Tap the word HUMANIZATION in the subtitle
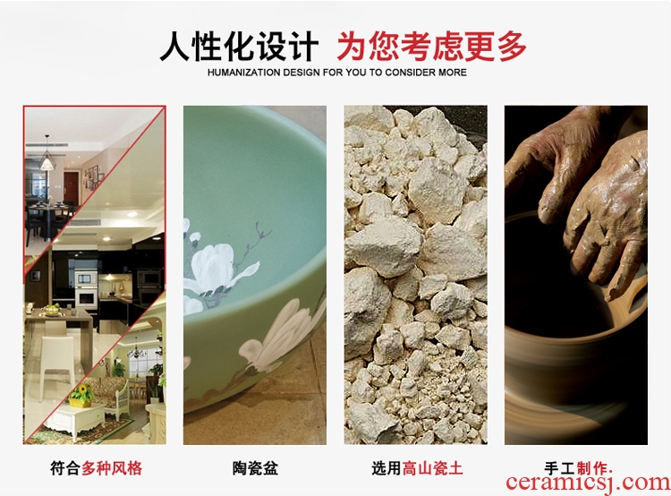244,73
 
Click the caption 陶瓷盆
256,467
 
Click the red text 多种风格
112,467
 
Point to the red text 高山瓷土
432,467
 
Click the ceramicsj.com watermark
588,483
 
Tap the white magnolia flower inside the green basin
217,268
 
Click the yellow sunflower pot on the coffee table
81,396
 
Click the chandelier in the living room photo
137,352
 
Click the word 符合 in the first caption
65,467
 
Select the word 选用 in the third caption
386,467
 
